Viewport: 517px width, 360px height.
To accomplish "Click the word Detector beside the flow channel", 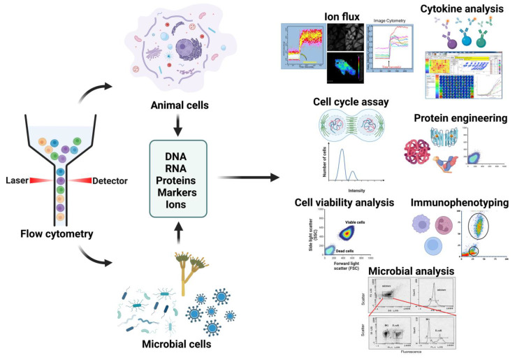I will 110,181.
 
